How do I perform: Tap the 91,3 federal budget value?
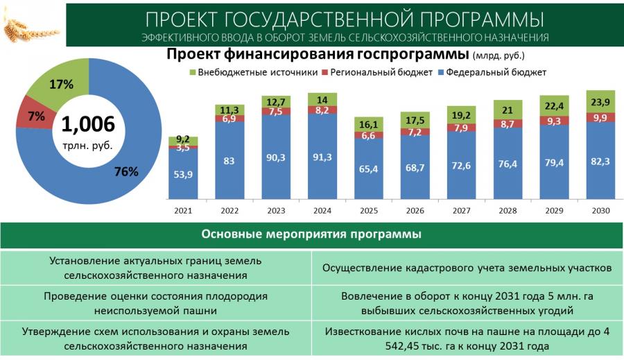322,157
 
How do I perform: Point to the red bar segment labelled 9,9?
599,117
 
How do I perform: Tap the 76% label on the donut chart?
126,171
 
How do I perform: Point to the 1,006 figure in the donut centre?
87,124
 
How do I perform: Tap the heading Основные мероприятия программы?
311,234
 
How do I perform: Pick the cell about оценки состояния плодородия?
155,303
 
